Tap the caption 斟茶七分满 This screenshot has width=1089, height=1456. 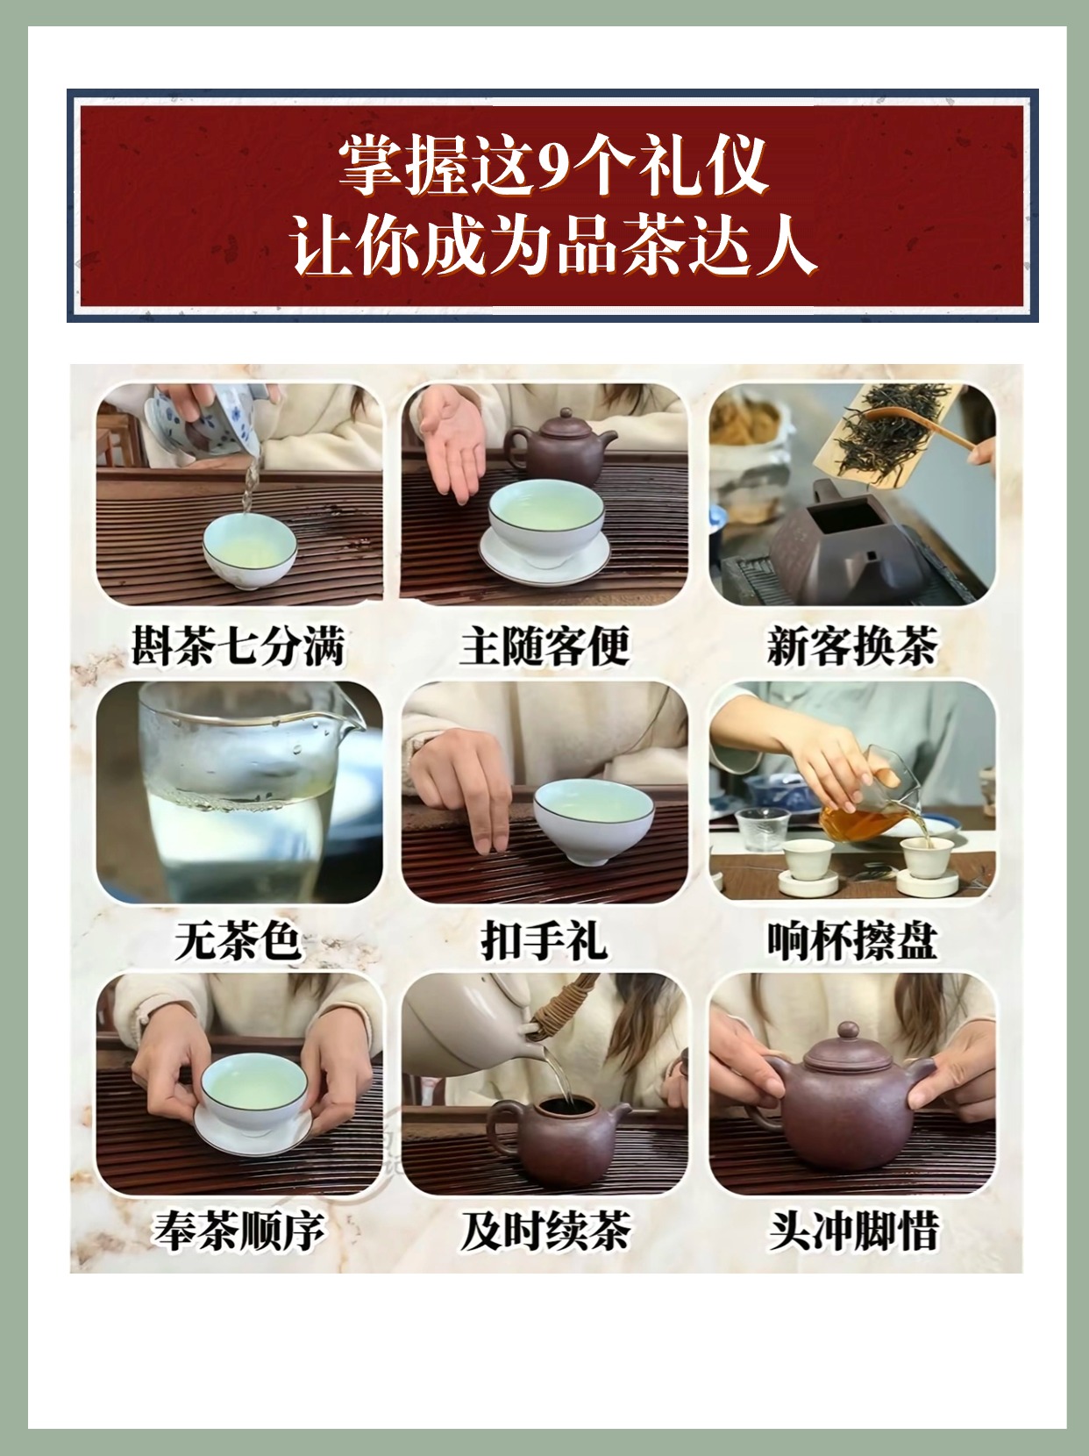(238, 645)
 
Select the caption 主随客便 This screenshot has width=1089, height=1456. (544, 645)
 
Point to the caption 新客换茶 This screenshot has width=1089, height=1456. (852, 645)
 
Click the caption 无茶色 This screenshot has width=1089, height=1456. (238, 940)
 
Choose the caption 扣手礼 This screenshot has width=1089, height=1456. (544, 940)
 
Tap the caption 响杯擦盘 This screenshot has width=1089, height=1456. (852, 940)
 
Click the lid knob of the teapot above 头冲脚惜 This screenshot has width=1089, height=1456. (848, 1030)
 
